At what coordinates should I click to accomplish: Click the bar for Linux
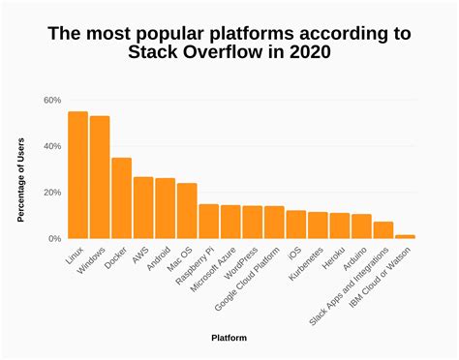[77, 175]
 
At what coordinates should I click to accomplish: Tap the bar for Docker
[121, 198]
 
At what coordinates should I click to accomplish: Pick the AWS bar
[143, 208]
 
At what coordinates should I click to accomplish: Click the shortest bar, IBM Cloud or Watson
[405, 236]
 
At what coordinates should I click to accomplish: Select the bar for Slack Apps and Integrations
[383, 230]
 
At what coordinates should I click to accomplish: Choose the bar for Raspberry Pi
[208, 222]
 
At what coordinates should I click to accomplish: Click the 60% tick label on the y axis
[52, 101]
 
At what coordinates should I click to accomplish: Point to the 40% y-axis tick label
[52, 146]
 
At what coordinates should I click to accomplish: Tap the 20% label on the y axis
[52, 193]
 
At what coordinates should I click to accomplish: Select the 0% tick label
[55, 238]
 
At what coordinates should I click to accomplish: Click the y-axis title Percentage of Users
[21, 181]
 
